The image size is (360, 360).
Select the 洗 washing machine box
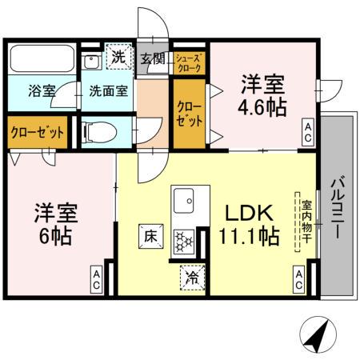tap(118, 57)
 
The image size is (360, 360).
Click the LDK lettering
tap(248, 214)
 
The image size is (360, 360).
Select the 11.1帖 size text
tap(249, 237)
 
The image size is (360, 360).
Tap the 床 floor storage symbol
tap(150, 237)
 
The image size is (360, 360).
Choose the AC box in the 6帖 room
tap(95, 278)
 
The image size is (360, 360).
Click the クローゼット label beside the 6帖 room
tap(38, 132)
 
